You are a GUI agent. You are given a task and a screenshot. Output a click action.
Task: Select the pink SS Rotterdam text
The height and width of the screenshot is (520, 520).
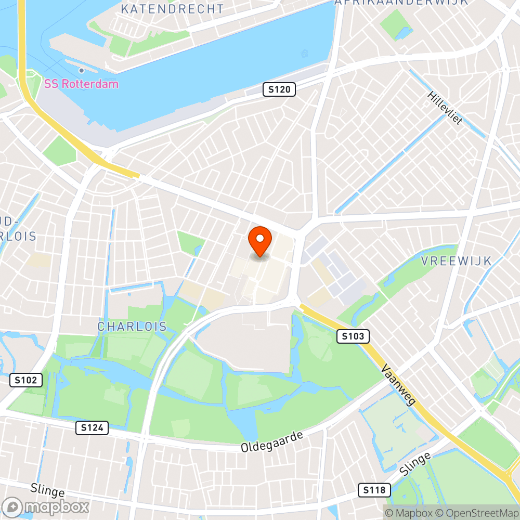coord(81,84)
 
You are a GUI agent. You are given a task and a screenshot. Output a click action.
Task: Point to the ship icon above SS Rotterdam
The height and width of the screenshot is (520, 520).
coord(82,70)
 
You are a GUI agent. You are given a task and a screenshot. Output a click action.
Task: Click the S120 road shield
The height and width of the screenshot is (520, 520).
coord(279,89)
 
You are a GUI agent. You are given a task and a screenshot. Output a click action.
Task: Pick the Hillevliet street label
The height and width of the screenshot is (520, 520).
coord(445,109)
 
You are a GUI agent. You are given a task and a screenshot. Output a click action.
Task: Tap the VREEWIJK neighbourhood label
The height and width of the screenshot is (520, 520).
coord(457,261)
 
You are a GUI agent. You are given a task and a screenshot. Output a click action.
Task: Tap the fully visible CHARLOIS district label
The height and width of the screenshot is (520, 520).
coord(132,327)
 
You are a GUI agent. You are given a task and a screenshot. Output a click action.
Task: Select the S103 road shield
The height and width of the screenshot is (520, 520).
coord(353,336)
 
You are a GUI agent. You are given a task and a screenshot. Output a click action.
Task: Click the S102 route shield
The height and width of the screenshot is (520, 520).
coord(26,380)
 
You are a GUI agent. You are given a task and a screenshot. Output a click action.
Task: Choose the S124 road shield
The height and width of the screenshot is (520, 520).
coord(92,428)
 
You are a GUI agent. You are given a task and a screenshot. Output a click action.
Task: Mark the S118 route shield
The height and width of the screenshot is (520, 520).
coord(374,489)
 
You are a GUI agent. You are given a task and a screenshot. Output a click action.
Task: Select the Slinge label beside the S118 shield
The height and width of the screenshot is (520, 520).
coord(416,464)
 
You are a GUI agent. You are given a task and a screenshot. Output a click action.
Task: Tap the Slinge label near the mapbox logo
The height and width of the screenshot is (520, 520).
coord(47,490)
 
